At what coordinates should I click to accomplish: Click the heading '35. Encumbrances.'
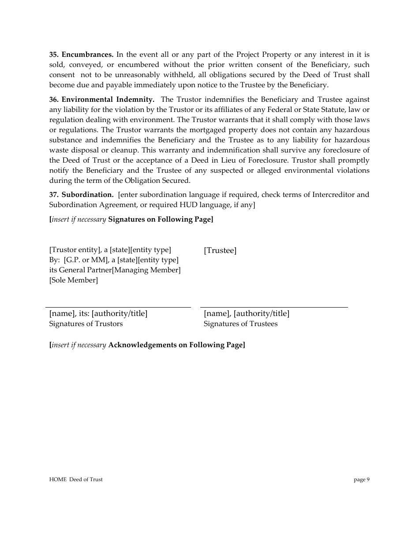[81, 55]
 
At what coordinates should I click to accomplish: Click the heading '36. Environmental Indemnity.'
[101, 100]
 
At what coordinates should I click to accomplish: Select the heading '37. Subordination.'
[81, 195]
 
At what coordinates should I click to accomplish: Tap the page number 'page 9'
[362, 479]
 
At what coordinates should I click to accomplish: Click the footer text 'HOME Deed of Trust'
[76, 479]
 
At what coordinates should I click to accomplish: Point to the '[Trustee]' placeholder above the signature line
[220, 251]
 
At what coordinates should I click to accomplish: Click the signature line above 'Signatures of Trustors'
[118, 307]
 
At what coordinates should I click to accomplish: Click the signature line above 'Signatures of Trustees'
[274, 307]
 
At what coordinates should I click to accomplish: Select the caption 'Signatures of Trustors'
[86, 324]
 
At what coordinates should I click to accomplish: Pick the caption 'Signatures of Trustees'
[240, 324]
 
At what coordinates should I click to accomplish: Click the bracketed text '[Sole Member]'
[74, 280]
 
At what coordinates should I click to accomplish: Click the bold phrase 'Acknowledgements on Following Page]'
[176, 345]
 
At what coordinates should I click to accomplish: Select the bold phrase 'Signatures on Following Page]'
[161, 219]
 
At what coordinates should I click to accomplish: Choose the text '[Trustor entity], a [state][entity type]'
[110, 250]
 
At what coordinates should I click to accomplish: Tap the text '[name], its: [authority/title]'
[98, 314]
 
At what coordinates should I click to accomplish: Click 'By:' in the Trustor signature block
[55, 260]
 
